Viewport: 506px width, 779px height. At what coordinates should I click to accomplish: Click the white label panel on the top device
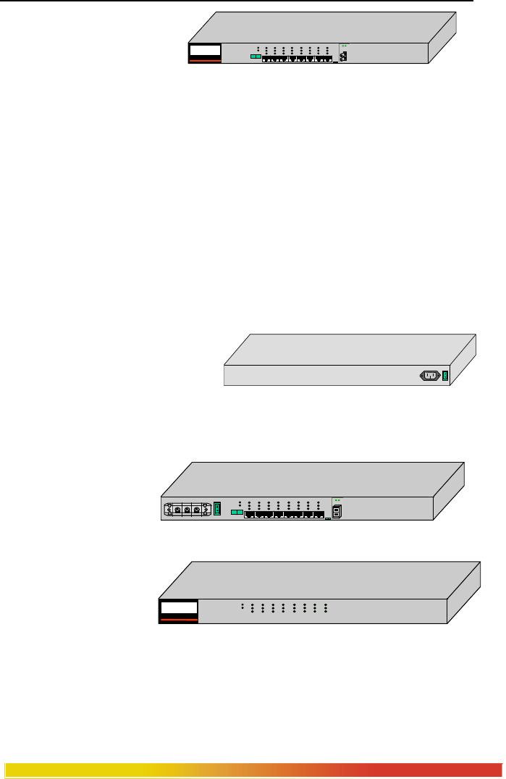(203, 51)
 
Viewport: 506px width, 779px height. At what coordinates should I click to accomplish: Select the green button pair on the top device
(255, 56)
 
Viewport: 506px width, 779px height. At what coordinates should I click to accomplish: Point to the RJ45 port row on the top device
(297, 59)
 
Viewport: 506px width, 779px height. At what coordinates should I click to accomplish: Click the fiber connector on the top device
(345, 56)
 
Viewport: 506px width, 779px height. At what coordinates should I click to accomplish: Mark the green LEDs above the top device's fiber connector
(345, 46)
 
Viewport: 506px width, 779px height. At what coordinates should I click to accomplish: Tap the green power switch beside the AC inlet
(445, 376)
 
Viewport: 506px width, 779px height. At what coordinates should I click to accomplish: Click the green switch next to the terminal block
(216, 509)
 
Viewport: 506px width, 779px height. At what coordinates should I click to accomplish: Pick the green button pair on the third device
(237, 512)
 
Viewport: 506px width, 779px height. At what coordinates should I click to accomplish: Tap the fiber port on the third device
(337, 510)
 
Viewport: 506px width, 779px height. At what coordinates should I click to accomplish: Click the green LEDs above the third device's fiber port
(337, 500)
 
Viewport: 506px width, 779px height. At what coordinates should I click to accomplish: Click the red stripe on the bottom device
(178, 620)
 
